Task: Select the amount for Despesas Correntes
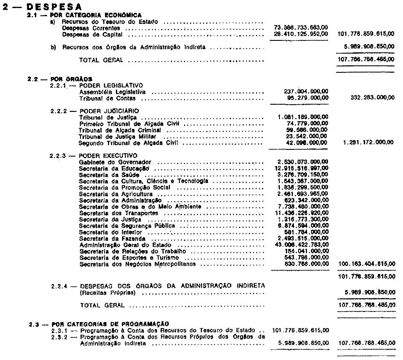click(301, 28)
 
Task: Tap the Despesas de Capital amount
click(301, 34)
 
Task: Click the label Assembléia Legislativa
click(112, 91)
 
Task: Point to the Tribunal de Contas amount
click(306, 98)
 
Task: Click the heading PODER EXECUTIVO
click(108, 155)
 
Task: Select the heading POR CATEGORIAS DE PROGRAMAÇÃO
click(109, 324)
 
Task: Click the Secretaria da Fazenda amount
click(304, 238)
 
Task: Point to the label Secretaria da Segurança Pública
click(127, 226)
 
